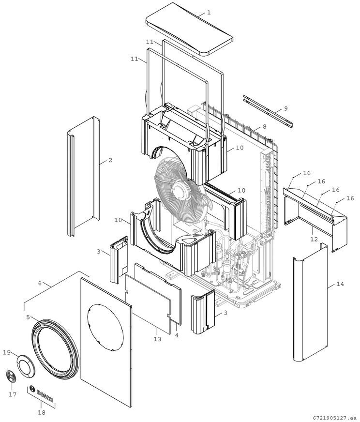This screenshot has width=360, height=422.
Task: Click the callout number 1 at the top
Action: pos(209,13)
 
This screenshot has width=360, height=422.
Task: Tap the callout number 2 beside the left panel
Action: pos(110,160)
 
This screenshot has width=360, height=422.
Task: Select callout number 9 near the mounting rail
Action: pos(285,108)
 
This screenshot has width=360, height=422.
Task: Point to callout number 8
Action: pos(264,127)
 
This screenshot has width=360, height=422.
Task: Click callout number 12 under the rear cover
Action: pos(314,239)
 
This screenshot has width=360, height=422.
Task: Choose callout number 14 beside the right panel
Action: pos(340,284)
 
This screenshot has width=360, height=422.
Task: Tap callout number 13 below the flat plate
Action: pos(157,339)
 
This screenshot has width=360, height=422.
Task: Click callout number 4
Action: pos(177,335)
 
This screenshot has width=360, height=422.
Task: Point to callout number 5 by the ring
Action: pos(28,317)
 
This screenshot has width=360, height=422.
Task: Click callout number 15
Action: pos(7,352)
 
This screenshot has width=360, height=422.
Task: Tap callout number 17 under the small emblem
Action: pos(13,394)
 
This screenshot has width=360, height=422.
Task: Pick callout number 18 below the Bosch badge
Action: pos(41,412)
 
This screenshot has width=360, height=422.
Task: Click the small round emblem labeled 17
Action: pos(12,378)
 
